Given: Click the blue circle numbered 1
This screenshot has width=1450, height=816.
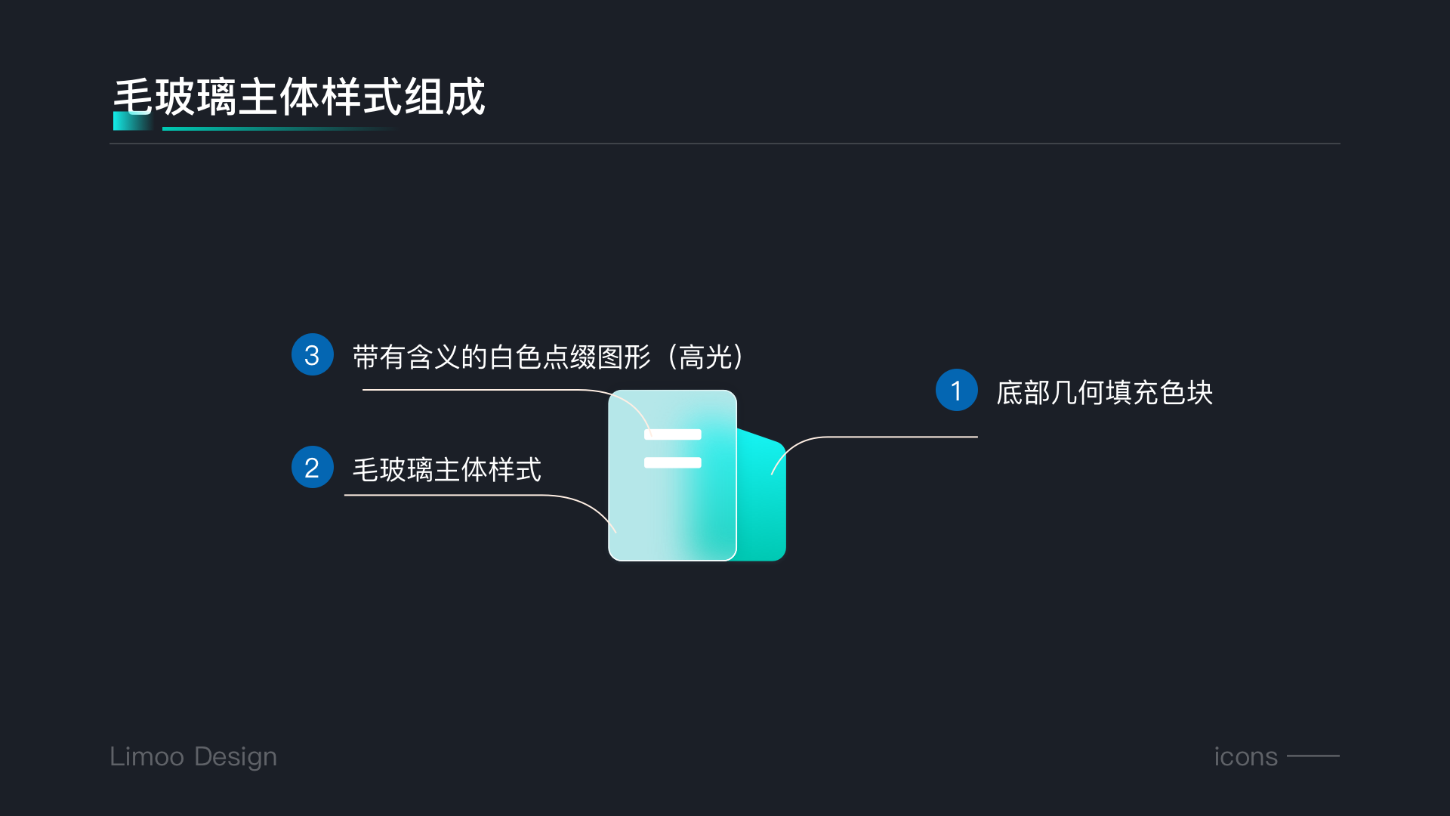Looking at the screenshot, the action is tap(956, 390).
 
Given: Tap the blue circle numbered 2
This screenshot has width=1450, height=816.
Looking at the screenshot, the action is tap(312, 467).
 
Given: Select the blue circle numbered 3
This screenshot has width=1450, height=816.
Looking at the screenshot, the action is tap(312, 354).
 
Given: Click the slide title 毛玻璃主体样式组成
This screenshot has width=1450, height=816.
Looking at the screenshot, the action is tap(299, 97).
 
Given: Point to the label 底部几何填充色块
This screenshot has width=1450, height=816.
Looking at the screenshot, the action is tap(1104, 392).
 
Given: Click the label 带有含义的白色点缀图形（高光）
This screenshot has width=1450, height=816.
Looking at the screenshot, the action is tap(548, 357).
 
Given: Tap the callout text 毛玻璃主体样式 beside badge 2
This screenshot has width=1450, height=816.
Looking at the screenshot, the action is tap(447, 469).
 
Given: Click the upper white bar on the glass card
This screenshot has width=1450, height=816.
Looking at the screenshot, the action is tap(672, 434).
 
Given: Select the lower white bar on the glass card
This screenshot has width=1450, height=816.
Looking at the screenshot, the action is tap(672, 462).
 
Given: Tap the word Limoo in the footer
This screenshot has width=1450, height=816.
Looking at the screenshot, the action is tap(147, 756).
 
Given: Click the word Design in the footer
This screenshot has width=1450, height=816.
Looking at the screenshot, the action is tap(236, 756).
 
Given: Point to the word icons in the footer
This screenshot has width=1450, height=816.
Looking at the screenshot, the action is tap(1245, 756).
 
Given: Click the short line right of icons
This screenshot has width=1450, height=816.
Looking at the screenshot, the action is tap(1313, 756).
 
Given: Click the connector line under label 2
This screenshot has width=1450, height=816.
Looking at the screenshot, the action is tap(453, 495).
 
